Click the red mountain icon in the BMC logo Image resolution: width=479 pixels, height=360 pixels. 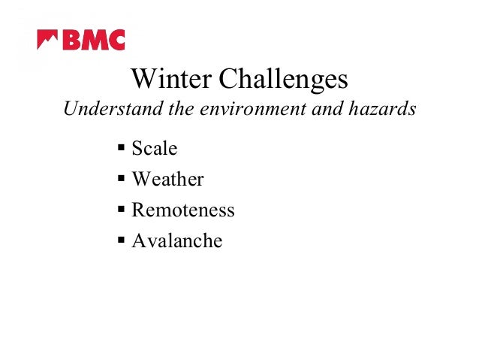tap(47, 39)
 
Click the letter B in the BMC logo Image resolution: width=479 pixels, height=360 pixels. tap(70, 40)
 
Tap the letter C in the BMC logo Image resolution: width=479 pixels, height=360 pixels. tap(115, 40)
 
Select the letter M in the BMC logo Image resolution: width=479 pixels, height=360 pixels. tap(92, 40)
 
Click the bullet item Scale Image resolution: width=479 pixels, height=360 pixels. tap(154, 149)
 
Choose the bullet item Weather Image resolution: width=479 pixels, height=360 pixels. tap(167, 180)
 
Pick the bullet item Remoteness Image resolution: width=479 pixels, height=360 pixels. tap(182, 210)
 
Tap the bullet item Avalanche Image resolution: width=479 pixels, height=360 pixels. tap(176, 241)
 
